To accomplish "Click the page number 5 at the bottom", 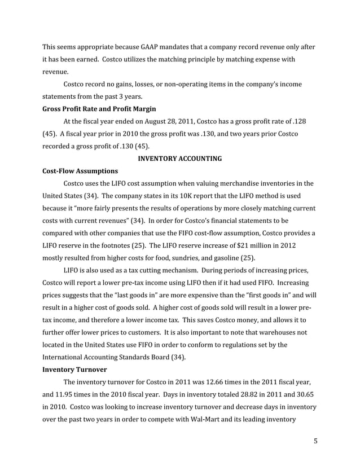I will tap(315, 441).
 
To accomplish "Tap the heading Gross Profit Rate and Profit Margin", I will tap(99, 109).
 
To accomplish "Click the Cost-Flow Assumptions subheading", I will tap(80, 170).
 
